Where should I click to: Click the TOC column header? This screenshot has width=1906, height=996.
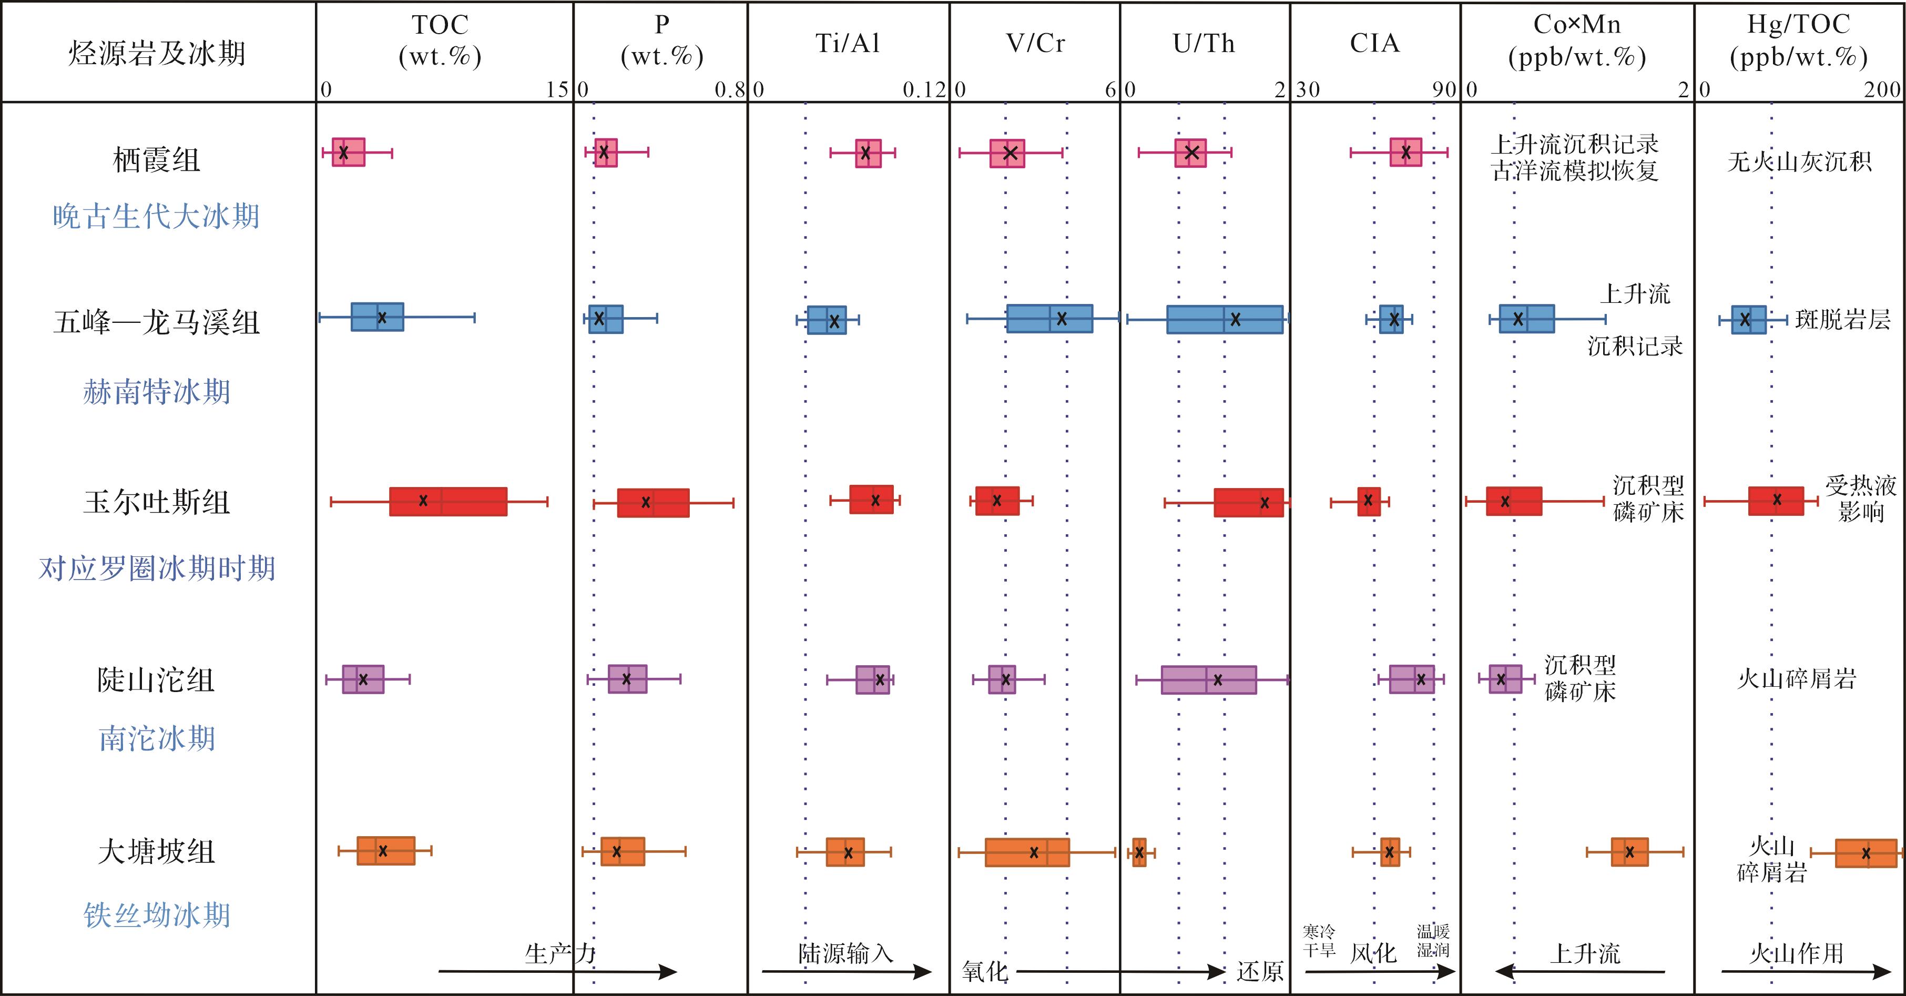tap(440, 40)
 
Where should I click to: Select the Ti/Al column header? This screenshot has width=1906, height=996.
tap(848, 43)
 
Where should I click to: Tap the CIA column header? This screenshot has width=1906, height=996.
tap(1375, 43)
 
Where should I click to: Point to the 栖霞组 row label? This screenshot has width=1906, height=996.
tap(156, 159)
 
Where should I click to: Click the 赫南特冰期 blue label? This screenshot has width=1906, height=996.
tap(156, 391)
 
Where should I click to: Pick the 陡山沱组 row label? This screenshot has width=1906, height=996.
tap(156, 679)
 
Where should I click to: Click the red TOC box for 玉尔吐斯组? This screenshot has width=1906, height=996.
tap(449, 502)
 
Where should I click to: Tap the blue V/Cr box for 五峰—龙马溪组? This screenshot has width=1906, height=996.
tap(1049, 319)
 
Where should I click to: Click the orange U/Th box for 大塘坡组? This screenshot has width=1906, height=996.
tap(1139, 852)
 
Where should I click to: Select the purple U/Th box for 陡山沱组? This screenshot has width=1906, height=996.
tap(1208, 679)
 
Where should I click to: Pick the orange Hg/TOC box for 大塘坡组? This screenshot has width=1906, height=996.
tap(1866, 853)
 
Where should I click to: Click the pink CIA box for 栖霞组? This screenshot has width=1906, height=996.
tap(1405, 151)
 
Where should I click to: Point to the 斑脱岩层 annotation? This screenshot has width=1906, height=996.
tap(1842, 320)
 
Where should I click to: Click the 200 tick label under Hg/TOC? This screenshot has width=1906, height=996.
tap(1882, 90)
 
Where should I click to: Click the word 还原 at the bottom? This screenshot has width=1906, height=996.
tap(1259, 971)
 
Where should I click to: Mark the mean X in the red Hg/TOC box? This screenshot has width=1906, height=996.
tap(1777, 500)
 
